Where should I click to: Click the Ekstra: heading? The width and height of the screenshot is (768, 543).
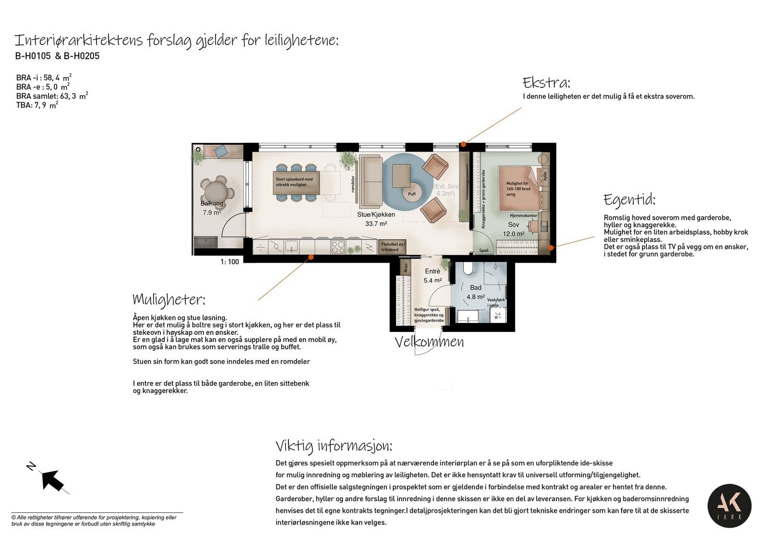(546, 83)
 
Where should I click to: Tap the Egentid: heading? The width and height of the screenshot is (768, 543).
(629, 200)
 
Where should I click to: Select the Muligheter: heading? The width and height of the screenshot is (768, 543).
(169, 300)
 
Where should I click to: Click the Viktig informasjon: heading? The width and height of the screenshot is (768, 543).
(334, 446)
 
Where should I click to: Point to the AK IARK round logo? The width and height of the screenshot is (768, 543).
(729, 506)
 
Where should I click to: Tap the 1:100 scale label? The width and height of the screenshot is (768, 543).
(229, 262)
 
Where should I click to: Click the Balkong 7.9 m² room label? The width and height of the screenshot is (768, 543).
(212, 208)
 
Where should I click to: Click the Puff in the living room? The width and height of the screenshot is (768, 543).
(412, 194)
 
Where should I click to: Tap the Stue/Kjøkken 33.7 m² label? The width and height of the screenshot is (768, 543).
(376, 219)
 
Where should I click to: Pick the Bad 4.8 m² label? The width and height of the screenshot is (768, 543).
(476, 292)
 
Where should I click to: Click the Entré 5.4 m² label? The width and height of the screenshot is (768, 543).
(432, 276)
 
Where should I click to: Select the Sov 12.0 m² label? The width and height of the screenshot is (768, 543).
(514, 229)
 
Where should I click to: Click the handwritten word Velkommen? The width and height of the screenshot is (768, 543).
(429, 342)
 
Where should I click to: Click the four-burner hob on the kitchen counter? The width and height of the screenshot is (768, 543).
(338, 247)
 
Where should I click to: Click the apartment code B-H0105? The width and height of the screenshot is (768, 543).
(33, 56)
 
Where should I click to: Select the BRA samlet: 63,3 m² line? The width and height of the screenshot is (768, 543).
(52, 96)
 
